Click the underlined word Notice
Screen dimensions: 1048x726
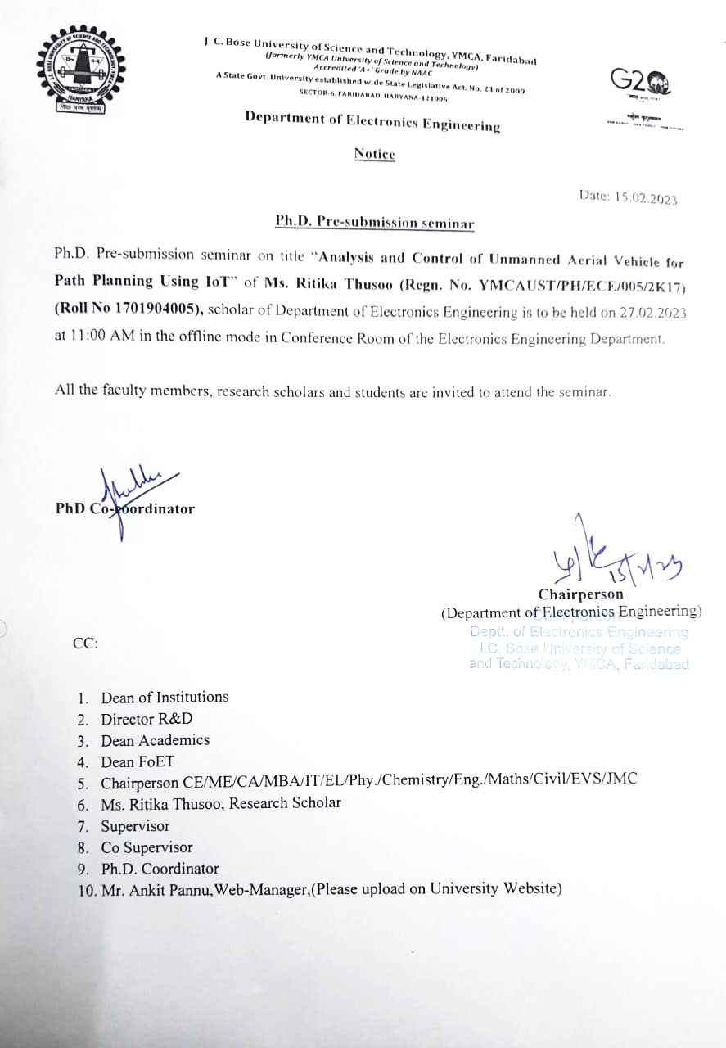click(x=374, y=154)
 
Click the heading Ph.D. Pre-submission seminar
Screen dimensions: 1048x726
click(x=374, y=222)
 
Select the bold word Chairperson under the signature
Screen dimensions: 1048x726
click(x=580, y=594)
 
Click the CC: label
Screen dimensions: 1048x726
click(x=86, y=643)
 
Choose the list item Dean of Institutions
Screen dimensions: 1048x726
click(x=165, y=698)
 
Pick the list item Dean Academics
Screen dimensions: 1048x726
click(x=155, y=740)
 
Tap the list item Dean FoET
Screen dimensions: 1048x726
click(x=138, y=761)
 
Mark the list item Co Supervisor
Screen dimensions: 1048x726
click(x=147, y=847)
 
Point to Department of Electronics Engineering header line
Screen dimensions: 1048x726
click(x=372, y=123)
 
